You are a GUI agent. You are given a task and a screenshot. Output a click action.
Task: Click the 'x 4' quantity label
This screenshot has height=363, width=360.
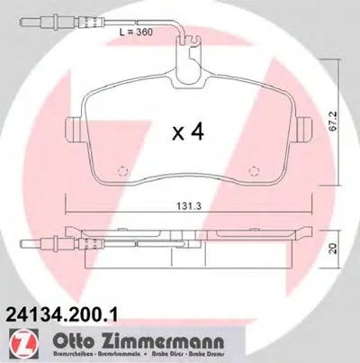pos(188,133)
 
